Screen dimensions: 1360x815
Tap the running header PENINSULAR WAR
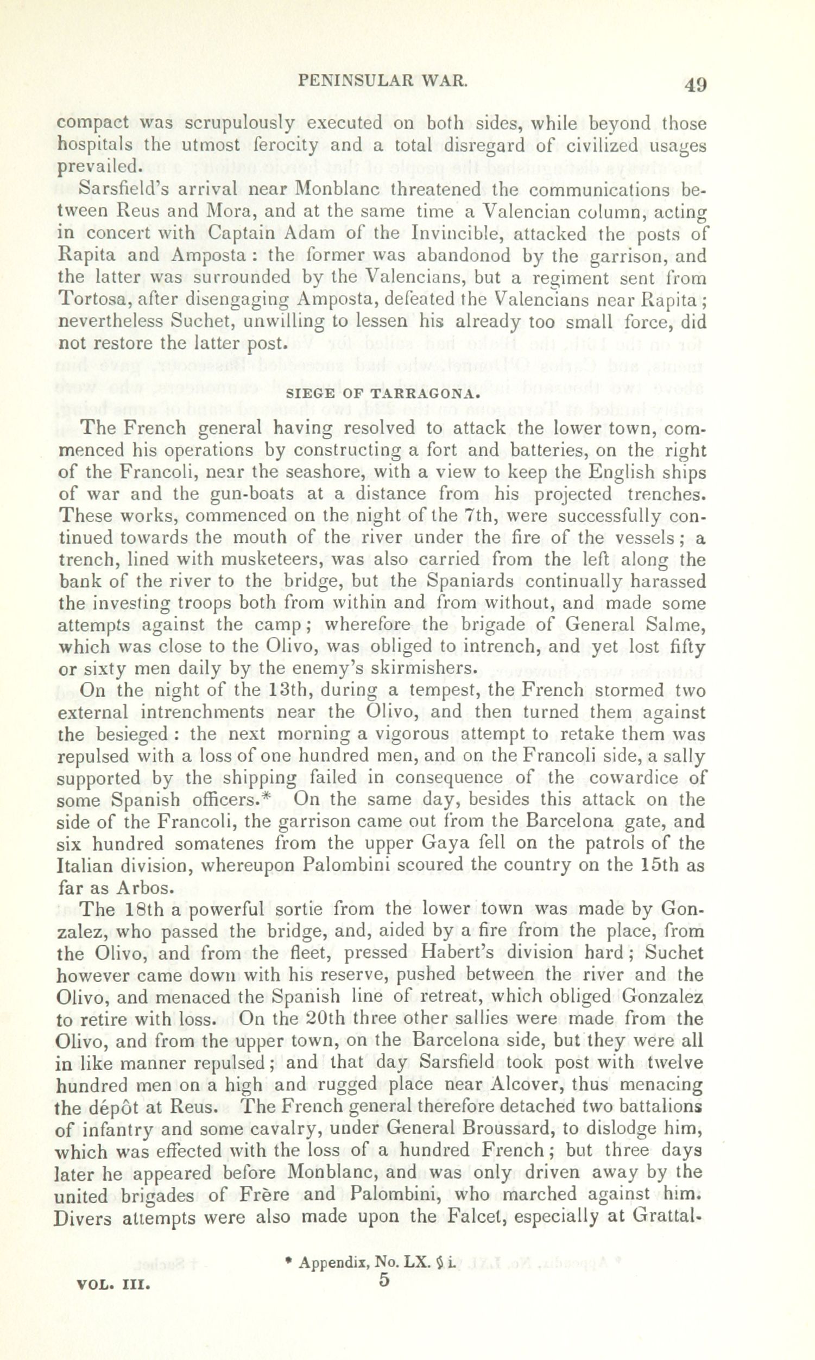382,81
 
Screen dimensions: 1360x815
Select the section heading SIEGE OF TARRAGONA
384,393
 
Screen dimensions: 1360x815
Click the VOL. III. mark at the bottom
114,1285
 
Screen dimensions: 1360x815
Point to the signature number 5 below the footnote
384,1280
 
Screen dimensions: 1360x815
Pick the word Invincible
458,233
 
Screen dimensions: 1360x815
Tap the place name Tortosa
93,299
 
